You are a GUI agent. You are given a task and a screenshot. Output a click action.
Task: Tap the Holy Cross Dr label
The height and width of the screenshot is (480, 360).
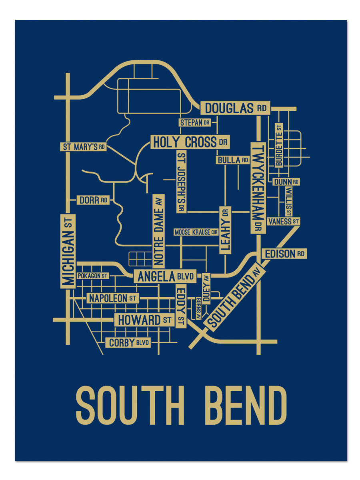(190, 142)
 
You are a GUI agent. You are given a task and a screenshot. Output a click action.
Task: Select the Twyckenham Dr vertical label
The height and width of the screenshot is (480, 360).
(258, 187)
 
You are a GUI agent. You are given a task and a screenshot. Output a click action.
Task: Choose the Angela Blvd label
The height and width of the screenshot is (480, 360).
(165, 276)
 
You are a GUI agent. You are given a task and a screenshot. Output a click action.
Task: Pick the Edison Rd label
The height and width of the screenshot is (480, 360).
(284, 254)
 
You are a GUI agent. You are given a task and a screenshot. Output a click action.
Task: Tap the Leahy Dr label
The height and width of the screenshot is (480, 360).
(225, 230)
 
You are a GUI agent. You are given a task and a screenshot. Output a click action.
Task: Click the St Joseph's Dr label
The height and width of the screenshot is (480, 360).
(182, 182)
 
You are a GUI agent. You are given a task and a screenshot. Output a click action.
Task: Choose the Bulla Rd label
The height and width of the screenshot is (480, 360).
(234, 160)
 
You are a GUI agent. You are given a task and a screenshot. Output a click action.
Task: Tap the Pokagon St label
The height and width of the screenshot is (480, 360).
(93, 276)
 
